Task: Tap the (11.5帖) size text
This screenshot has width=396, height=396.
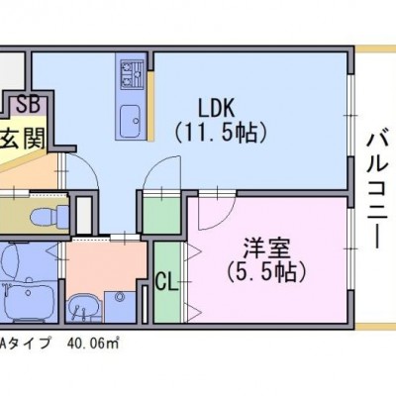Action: [x=221, y=133]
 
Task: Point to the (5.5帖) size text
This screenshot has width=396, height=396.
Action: [x=266, y=272]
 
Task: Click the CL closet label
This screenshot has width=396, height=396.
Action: [x=166, y=281]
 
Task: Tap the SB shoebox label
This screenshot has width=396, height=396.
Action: [x=29, y=104]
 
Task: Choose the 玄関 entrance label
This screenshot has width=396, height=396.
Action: [x=22, y=139]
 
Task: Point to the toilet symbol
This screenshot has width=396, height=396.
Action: [x=49, y=215]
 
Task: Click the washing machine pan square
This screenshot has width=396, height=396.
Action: [x=120, y=307]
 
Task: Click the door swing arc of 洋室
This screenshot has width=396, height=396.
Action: [x=225, y=219]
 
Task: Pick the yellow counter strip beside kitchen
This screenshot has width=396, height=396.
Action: [x=150, y=106]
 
